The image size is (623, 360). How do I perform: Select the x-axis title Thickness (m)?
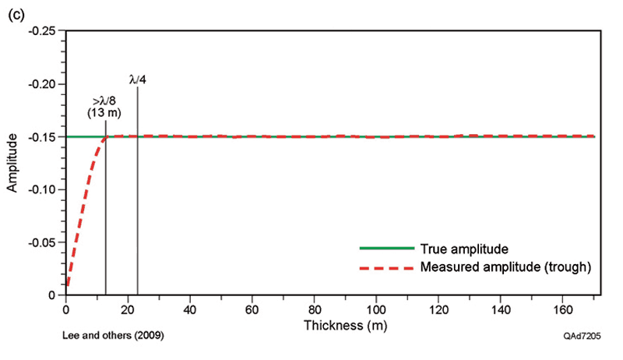point(333,323)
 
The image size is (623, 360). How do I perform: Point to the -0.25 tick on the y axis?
point(44,31)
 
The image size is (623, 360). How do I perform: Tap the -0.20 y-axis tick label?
point(44,84)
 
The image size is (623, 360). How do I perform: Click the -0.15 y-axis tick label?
point(44,137)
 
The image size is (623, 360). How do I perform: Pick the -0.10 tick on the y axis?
point(44,190)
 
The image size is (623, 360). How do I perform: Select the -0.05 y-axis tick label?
point(44,243)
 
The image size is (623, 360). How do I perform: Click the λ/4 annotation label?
point(138,79)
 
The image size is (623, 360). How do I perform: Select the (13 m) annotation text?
point(104,114)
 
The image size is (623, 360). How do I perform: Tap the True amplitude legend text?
point(464,249)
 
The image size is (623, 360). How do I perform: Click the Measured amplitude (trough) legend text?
point(506,266)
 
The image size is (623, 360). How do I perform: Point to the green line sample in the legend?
point(386,249)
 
